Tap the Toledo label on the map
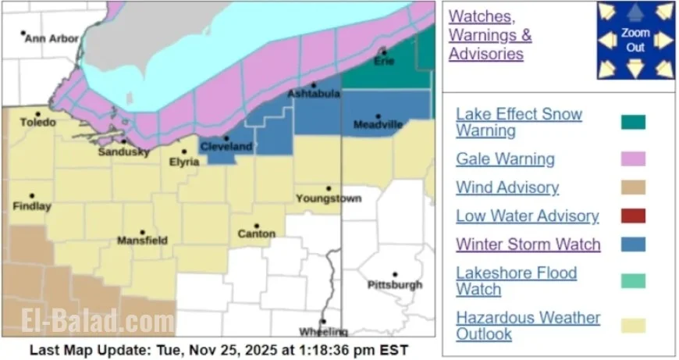37,123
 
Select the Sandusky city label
123,151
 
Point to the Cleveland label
226,146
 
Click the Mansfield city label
141,241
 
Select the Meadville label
378,124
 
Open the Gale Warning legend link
505,159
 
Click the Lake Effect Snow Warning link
519,123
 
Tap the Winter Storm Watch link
528,244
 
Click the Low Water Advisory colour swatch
633,216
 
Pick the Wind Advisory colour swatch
633,188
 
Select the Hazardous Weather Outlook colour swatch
633,326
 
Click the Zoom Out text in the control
635,40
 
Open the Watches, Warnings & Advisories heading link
490,35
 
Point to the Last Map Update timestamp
219,350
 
